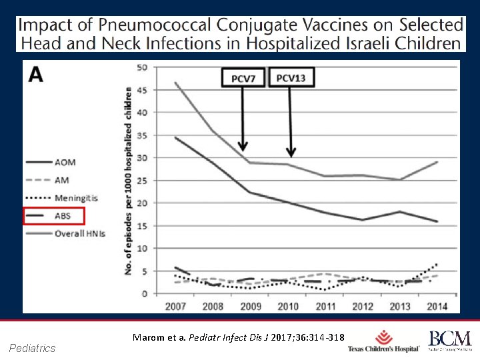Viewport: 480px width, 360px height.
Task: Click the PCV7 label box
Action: coord(243,79)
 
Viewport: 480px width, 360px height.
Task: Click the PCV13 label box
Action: coord(291,78)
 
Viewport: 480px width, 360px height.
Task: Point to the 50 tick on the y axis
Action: coord(142,67)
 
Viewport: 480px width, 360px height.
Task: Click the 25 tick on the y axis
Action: coord(142,180)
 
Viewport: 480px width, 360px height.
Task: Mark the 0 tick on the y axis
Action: coord(145,293)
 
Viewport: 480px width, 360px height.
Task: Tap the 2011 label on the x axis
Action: coord(325,306)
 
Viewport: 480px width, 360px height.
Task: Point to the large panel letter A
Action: coord(36,75)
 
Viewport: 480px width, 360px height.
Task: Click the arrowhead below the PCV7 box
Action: coord(243,145)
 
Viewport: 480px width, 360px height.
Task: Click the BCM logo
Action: coord(449,341)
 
